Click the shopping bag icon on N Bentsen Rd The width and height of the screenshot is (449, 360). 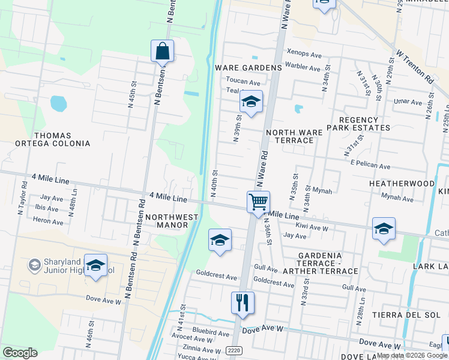click(x=162, y=52)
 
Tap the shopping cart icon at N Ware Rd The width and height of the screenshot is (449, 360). click(x=258, y=202)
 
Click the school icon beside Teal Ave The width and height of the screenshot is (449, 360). click(x=251, y=102)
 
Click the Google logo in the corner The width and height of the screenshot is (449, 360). click(x=20, y=353)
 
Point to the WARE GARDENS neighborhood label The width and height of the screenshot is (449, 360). click(x=249, y=68)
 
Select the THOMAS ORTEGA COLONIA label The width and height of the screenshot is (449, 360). click(x=53, y=140)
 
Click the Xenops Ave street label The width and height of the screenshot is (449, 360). click(x=304, y=53)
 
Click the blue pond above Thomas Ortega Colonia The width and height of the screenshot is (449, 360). click(x=59, y=104)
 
